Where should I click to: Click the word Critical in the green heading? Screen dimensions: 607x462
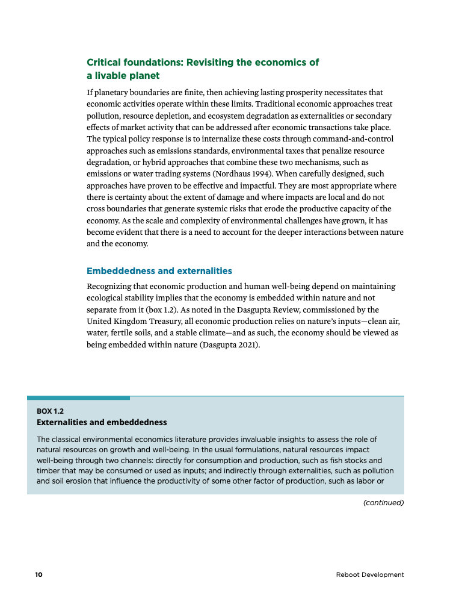tap(105, 63)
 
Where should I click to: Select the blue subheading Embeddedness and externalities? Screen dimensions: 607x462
tap(159, 271)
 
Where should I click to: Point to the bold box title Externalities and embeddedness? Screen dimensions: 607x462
tap(102, 422)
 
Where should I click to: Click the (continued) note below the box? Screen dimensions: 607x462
tap(383, 502)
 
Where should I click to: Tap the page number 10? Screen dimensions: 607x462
tap(38, 574)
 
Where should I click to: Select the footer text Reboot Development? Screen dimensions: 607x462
tap(370, 574)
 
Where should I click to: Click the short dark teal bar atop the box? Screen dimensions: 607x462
tap(78, 397)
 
